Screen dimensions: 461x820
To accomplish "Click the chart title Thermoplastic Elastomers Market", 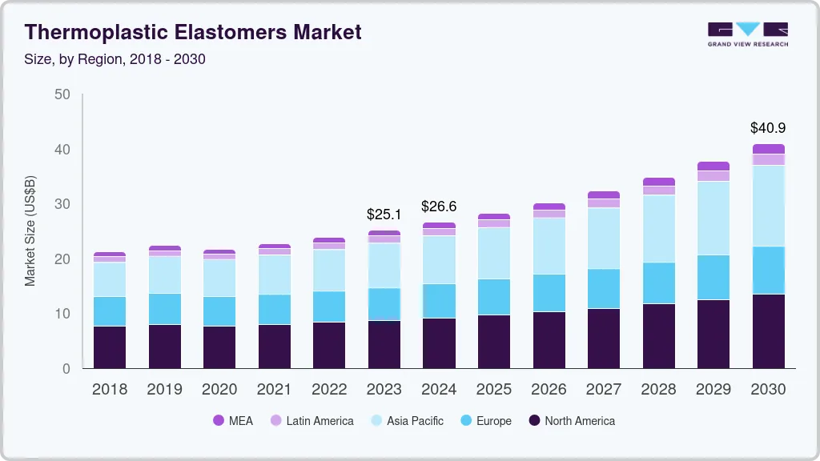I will coord(193,32).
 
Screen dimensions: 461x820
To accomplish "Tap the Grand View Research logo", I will coord(748,34).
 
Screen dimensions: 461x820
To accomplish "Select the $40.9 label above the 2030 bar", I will coord(768,127).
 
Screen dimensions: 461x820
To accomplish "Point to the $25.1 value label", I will coord(384,214).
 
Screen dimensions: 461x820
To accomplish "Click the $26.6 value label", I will coord(439,206).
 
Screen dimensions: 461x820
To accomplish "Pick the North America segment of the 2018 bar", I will coord(110,347).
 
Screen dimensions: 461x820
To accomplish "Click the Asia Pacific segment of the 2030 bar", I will coord(768,205).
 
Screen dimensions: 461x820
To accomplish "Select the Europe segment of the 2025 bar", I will coord(494,297).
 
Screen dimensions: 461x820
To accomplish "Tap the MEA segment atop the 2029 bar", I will coord(713,166).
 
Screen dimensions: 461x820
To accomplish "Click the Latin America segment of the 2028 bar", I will coord(659,190).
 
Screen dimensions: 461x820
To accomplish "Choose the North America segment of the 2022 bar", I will coord(329,345).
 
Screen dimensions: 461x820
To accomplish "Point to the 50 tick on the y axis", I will coord(62,94).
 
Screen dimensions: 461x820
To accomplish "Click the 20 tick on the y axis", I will coord(62,259).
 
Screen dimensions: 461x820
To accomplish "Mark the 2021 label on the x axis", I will coord(274,390).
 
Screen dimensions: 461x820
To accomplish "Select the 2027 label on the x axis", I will coord(603,390).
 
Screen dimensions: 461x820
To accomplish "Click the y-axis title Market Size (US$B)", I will coord(30,231).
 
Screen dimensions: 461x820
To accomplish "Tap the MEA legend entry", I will coord(233,421).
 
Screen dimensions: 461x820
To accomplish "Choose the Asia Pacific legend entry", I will coord(407,421).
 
